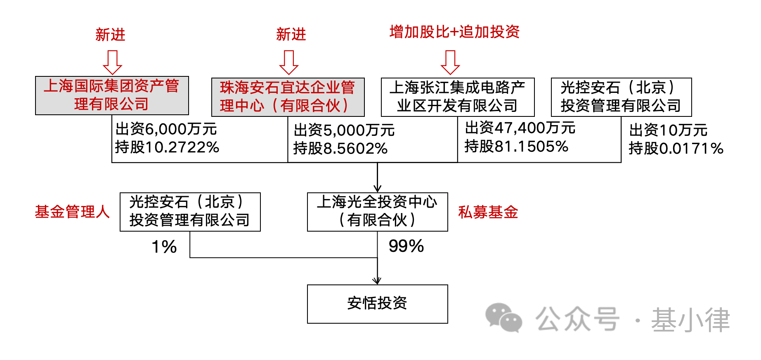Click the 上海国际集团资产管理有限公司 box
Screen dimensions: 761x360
click(x=112, y=95)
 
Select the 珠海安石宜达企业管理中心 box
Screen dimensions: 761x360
click(x=288, y=97)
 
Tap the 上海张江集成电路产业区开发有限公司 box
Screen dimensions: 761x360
click(x=458, y=97)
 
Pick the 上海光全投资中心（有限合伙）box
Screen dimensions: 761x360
click(x=377, y=212)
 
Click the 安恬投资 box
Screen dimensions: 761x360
click(x=377, y=304)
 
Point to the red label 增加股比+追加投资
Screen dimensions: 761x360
click(x=454, y=32)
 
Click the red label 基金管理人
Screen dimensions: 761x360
click(x=72, y=212)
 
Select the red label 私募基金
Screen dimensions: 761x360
click(x=488, y=212)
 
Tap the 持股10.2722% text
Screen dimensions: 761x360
click(x=167, y=147)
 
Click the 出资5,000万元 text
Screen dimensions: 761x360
click(x=344, y=130)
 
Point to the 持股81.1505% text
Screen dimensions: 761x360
click(x=517, y=146)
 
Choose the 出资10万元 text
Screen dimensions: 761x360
click(x=668, y=130)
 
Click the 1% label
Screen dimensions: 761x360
click(x=164, y=247)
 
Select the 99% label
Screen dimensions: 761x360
click(x=406, y=246)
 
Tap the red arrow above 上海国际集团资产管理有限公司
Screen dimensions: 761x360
click(x=112, y=62)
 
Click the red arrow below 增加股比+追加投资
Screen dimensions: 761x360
click(x=450, y=62)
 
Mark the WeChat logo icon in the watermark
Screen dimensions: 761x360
click(x=503, y=318)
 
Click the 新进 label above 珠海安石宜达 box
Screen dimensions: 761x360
click(x=291, y=34)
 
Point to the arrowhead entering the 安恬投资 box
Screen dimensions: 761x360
click(x=377, y=281)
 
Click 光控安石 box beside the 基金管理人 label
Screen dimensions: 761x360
click(x=190, y=212)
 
